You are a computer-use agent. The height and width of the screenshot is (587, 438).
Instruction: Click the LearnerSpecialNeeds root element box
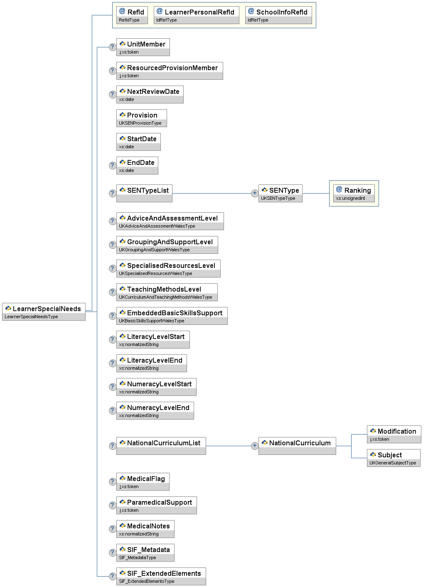tap(44, 312)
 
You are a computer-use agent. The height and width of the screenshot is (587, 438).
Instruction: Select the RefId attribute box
tap(132, 15)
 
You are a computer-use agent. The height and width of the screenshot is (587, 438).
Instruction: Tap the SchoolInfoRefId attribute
tap(278, 15)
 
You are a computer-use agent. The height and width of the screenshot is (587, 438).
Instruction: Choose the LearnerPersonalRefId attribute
tap(196, 15)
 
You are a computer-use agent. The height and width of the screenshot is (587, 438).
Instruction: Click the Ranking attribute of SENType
tap(354, 193)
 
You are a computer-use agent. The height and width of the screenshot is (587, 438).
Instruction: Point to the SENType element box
tap(280, 193)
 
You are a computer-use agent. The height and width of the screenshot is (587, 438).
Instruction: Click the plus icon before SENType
tap(255, 193)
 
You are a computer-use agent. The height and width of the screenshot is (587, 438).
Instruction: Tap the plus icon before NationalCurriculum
tap(255, 446)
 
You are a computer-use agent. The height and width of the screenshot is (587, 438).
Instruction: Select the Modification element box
tap(394, 434)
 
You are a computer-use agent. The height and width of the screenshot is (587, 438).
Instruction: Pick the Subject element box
tap(393, 458)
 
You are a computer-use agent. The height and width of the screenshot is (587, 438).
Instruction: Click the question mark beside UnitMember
tap(112, 47)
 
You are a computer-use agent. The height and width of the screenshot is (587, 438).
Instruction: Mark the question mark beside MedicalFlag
tap(112, 481)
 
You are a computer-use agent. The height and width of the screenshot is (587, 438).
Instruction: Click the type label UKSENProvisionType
tap(140, 123)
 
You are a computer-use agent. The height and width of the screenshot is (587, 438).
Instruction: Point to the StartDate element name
tap(142, 139)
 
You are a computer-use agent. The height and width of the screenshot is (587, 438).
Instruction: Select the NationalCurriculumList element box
tap(161, 446)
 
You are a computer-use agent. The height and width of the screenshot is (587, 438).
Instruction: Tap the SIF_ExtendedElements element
tap(161, 576)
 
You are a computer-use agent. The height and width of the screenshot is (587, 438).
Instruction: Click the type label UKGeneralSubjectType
tap(393, 463)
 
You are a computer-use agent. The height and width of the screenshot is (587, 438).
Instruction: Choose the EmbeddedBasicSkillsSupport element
tap(172, 316)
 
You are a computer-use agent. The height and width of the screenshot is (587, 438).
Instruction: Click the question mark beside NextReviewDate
tap(112, 94)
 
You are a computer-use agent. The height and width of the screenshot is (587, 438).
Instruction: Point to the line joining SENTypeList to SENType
tap(212, 193)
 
